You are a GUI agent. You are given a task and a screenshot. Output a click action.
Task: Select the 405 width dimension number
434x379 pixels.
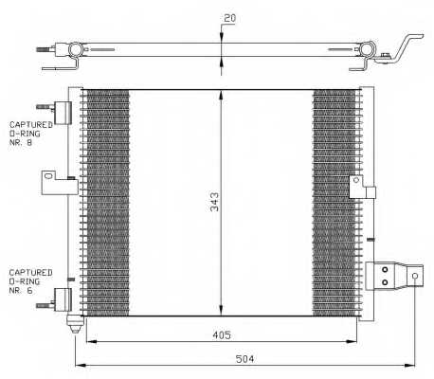pos(220,334)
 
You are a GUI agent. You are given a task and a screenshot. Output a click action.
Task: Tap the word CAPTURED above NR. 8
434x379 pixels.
pos(29,124)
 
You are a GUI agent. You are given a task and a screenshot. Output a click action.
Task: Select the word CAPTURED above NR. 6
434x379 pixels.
pos(29,271)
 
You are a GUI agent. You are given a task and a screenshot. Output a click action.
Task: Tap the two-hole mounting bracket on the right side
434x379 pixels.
pos(388,276)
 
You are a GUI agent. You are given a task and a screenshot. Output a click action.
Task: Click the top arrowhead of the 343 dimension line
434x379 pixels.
pos(222,94)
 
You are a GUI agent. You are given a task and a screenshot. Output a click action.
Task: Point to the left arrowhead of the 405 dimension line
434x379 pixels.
pos(88,342)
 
